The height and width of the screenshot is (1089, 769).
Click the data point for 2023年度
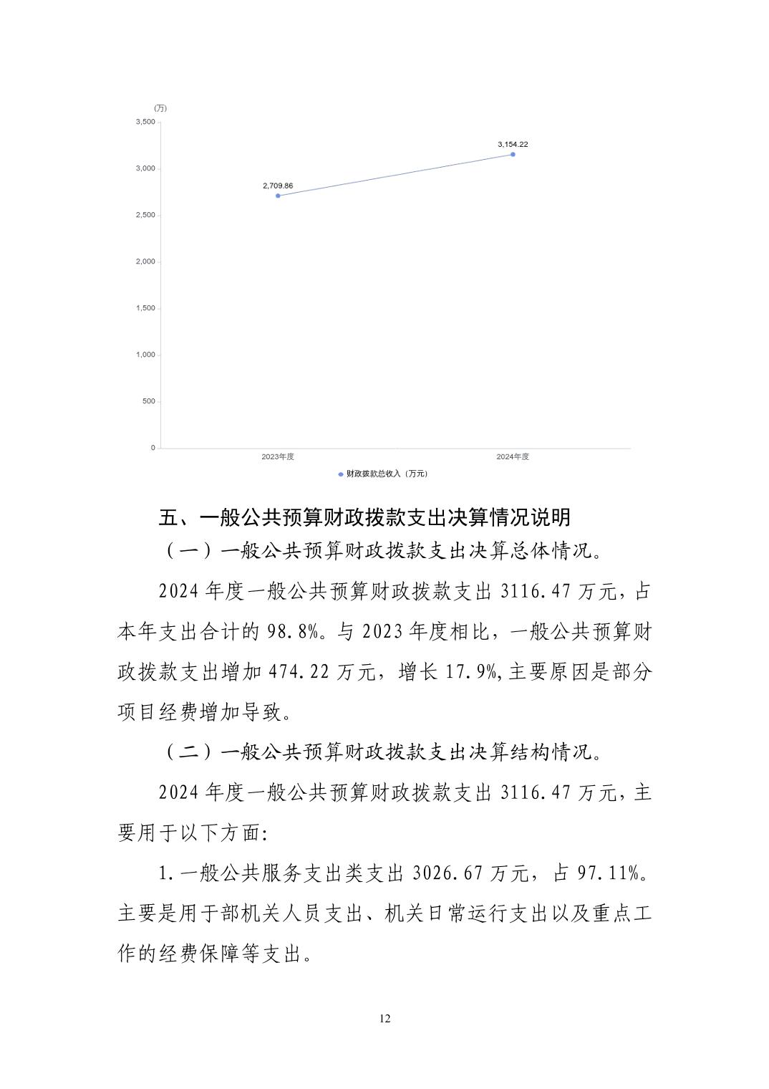[278, 196]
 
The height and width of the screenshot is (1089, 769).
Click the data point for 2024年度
[513, 154]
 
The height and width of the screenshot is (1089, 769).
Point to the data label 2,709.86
[278, 186]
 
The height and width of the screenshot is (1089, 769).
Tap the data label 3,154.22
[513, 144]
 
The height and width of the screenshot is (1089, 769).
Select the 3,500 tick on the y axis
[145, 122]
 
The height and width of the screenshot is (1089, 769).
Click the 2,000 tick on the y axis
[145, 262]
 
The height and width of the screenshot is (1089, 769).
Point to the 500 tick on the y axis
[148, 401]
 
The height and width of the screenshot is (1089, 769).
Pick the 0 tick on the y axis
[153, 448]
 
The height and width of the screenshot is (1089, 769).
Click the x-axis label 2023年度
[278, 456]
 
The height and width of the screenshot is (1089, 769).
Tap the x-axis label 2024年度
[513, 456]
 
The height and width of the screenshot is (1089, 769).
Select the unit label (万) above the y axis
[160, 108]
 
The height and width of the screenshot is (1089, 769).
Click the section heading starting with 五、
[364, 517]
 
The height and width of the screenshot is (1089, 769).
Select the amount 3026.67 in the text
[448, 873]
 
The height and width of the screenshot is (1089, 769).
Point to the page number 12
[385, 1019]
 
